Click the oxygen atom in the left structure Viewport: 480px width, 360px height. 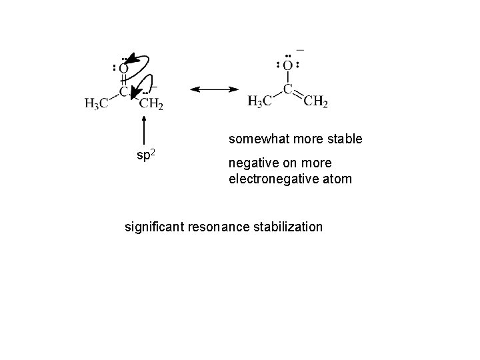(124, 69)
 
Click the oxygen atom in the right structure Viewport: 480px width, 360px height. (287, 65)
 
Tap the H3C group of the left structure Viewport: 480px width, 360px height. (97, 103)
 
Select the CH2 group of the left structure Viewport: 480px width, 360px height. (151, 103)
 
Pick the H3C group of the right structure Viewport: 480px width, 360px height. (261, 102)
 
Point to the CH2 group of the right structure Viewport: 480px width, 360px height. (315, 102)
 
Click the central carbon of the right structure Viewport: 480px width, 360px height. (287, 89)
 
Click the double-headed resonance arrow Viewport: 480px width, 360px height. (215, 89)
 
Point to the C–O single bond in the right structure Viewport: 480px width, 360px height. (287, 77)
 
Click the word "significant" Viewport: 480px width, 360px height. (155, 227)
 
